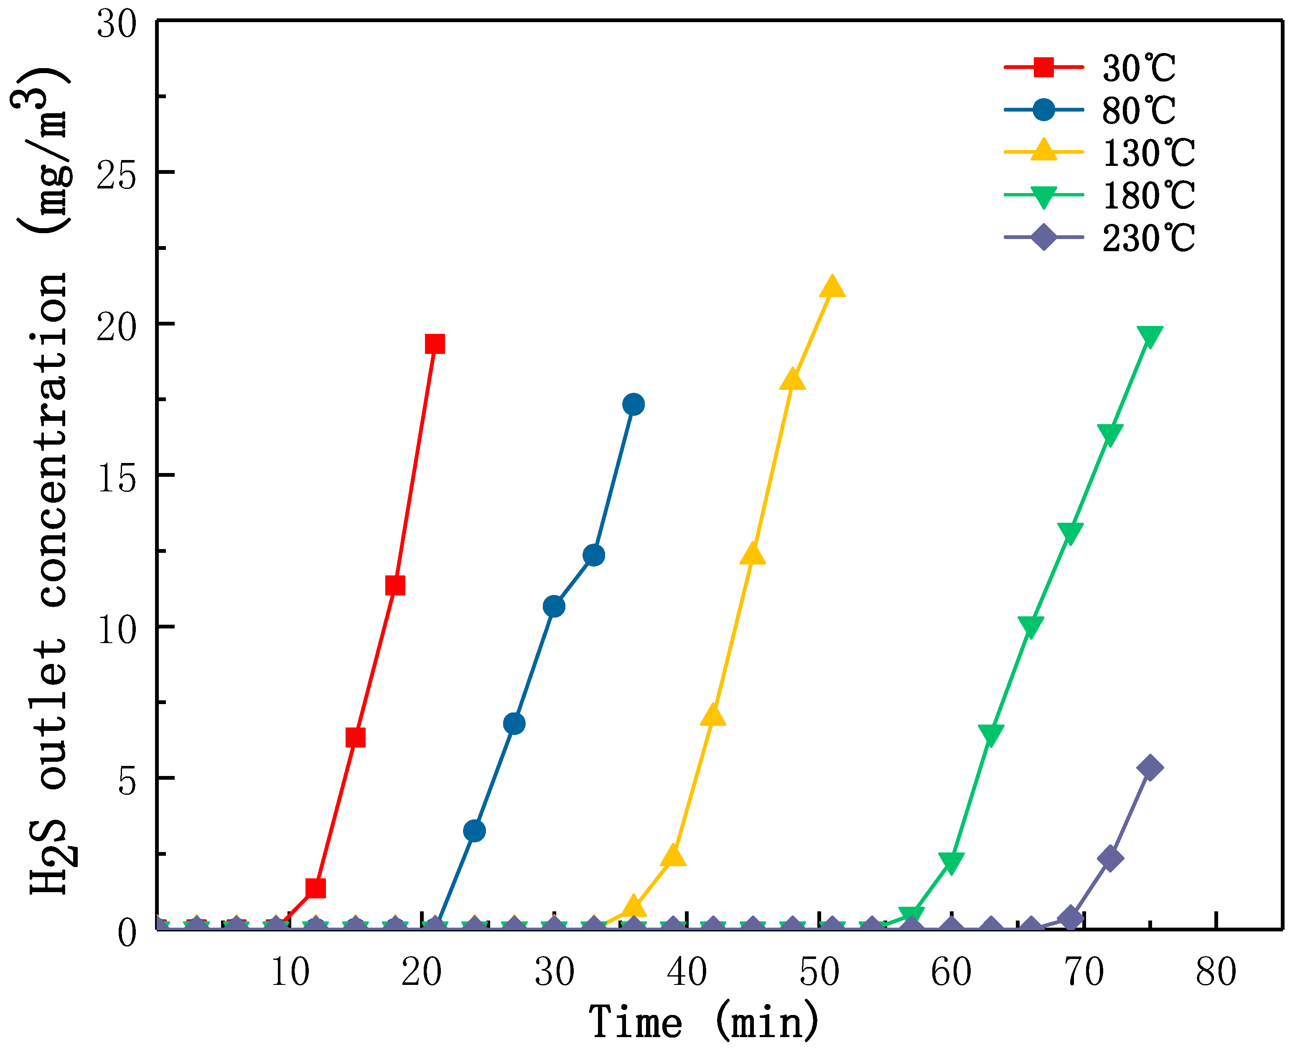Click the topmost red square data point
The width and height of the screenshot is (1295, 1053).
434,344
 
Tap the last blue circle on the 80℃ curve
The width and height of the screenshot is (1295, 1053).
633,404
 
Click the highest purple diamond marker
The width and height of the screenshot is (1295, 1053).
1150,767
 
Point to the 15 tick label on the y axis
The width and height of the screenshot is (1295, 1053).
117,479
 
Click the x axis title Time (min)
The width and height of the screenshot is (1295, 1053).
704,1022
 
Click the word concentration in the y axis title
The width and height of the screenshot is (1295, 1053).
53,440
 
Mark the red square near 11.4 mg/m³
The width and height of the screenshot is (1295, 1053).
395,585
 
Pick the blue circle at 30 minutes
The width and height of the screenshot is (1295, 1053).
554,606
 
